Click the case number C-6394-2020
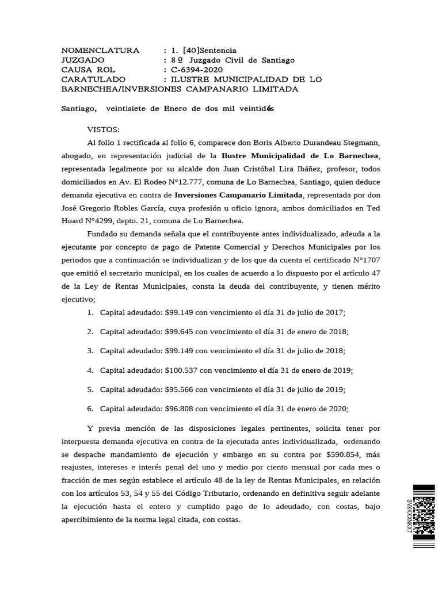[193, 70]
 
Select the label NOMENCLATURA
[100, 50]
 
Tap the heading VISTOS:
[103, 129]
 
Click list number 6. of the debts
[90, 409]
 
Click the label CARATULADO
[95, 79]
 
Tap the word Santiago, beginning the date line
[79, 109]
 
